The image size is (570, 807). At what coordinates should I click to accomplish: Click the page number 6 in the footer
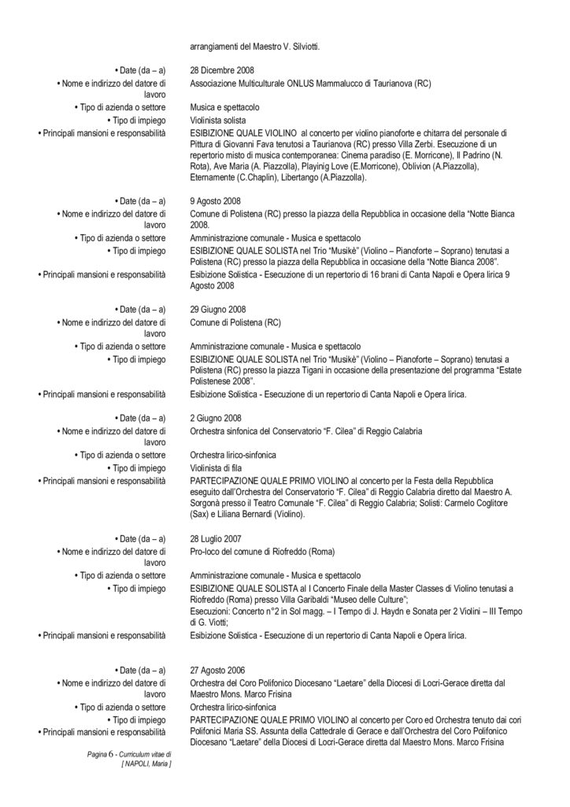pyautogui.click(x=113, y=754)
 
